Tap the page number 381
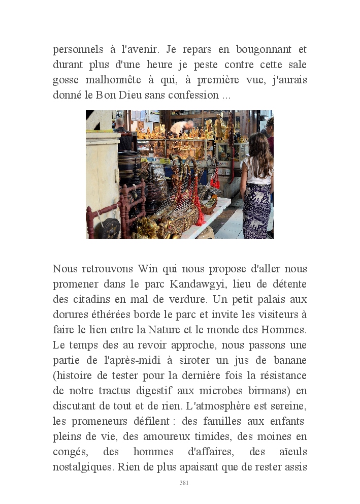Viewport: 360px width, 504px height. point(184,483)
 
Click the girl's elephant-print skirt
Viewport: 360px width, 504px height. point(257,208)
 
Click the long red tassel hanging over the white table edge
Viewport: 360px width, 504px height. point(197,208)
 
